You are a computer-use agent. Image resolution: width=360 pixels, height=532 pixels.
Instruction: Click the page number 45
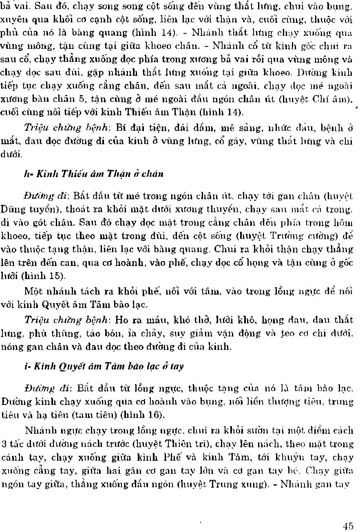[348, 526]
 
